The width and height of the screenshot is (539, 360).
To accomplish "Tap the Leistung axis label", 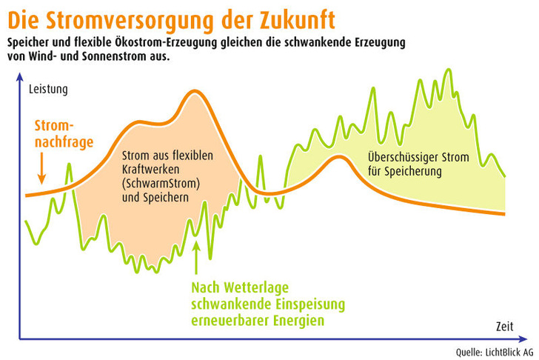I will (x=48, y=90).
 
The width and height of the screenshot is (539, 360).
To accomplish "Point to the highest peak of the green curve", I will (x=449, y=70).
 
